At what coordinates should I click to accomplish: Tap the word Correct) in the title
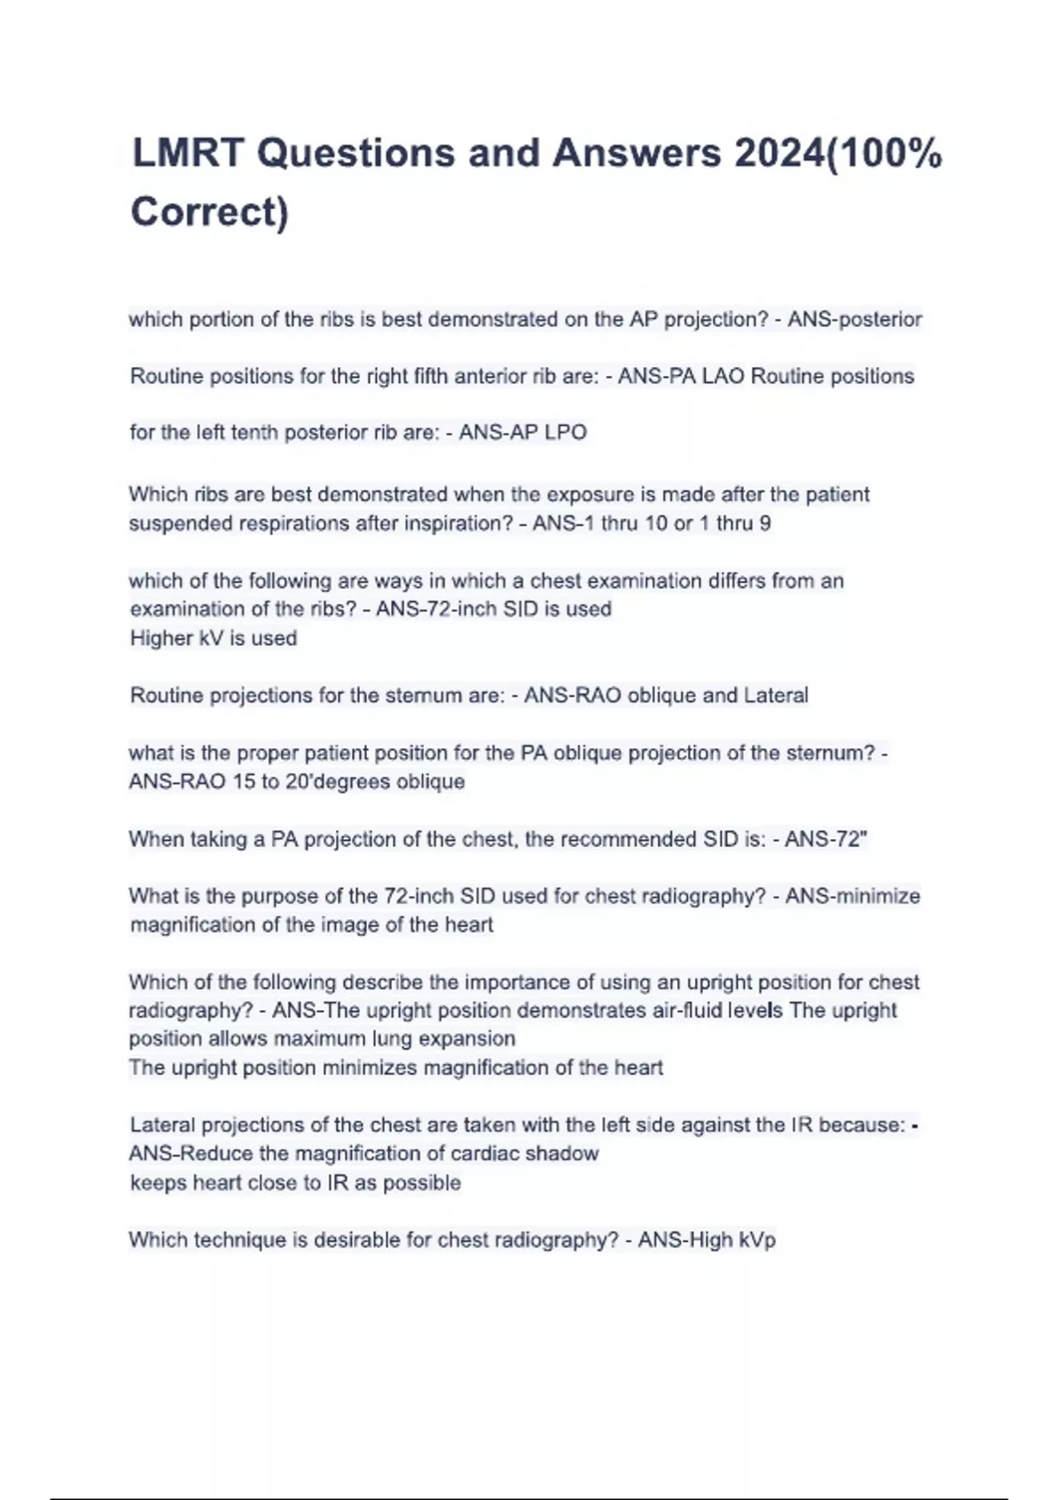pyautogui.click(x=210, y=213)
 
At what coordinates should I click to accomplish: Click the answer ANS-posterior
pyautogui.click(x=854, y=319)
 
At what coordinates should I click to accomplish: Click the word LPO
pyautogui.click(x=566, y=432)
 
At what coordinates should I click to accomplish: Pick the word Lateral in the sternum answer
pyautogui.click(x=776, y=695)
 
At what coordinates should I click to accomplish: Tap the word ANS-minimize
pyautogui.click(x=852, y=896)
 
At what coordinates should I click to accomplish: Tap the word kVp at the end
pyautogui.click(x=756, y=1240)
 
